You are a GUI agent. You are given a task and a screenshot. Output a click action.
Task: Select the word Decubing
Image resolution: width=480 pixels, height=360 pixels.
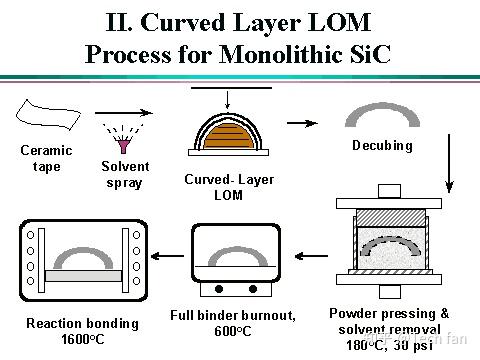tap(382, 146)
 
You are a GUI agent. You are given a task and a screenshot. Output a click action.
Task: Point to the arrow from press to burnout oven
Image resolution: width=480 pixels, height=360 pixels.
tap(296, 256)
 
